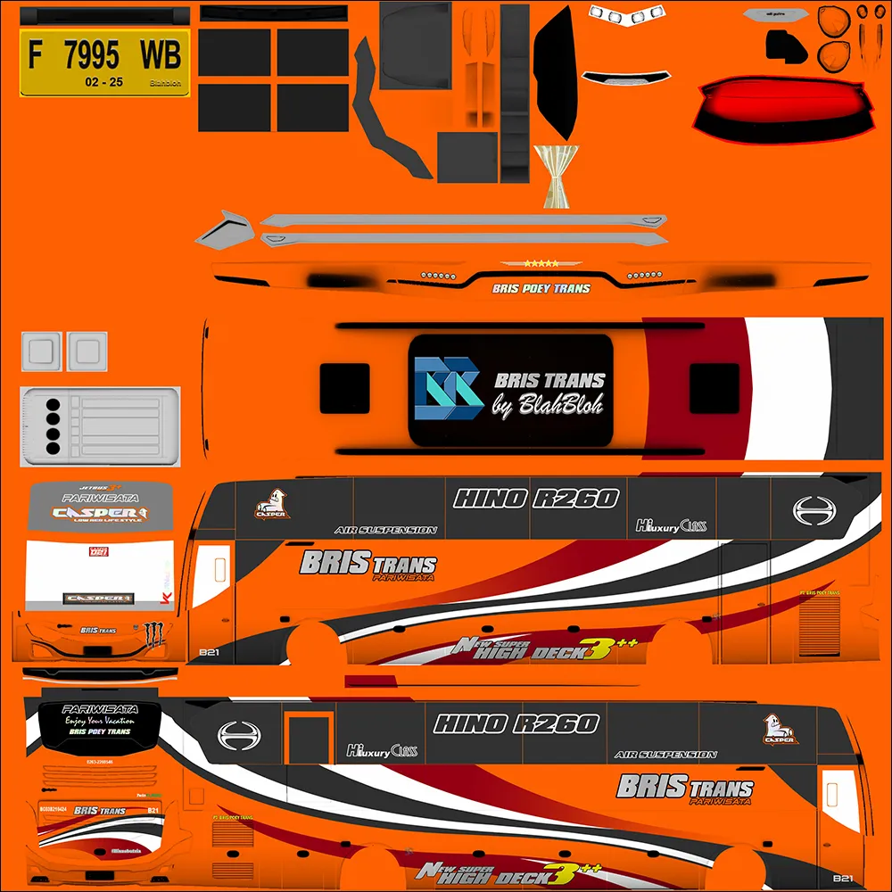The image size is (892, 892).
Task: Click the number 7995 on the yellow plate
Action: (92, 56)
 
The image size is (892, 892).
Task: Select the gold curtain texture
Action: (555, 176)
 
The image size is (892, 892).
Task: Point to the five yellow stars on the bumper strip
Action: (542, 264)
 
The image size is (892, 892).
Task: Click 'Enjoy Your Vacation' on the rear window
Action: (99, 721)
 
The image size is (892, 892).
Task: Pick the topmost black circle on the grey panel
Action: (53, 403)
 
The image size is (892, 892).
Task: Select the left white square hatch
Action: (41, 350)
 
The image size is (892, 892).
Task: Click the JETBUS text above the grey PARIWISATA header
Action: (98, 488)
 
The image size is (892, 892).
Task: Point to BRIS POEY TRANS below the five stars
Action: (541, 289)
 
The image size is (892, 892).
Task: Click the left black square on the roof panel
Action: (344, 388)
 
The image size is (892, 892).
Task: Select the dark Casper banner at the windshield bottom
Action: (98, 599)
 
